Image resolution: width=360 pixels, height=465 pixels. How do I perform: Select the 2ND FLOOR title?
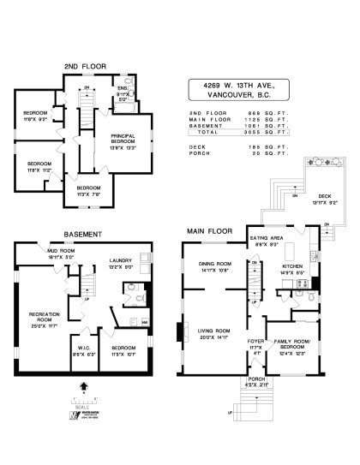[81, 66]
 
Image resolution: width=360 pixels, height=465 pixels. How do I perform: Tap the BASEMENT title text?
[83, 234]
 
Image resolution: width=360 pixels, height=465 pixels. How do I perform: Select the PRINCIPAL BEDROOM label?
[129, 140]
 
